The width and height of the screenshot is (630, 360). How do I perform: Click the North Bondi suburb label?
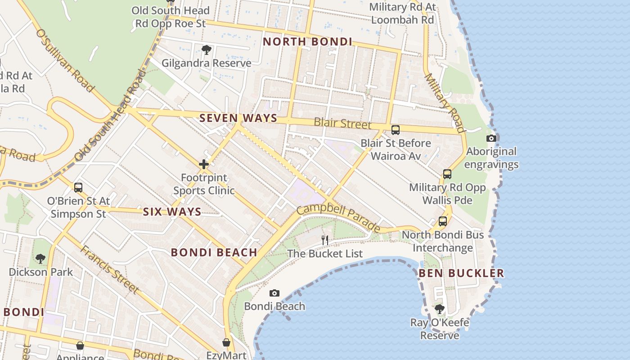tap(307, 42)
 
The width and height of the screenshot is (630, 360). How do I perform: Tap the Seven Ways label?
tap(238, 118)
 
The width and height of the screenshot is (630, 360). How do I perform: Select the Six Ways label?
tap(172, 212)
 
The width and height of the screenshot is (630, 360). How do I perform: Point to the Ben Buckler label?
tap(461, 273)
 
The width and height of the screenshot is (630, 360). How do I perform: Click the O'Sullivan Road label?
tap(65, 60)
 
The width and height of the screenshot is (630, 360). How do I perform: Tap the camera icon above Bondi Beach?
tap(274, 293)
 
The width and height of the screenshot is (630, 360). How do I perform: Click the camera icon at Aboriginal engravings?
tap(491, 138)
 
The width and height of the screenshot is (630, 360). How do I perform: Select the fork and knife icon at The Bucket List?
tap(324, 240)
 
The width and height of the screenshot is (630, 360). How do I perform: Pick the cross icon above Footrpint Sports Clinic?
tap(204, 164)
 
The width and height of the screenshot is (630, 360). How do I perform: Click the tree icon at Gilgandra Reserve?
tap(207, 50)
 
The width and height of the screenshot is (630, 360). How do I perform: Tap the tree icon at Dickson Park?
tap(40, 259)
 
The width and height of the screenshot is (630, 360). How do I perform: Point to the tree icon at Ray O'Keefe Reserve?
tap(439, 309)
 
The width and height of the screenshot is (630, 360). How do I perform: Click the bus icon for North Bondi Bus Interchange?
tap(443, 221)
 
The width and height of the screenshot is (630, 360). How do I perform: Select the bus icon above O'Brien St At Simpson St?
tap(78, 187)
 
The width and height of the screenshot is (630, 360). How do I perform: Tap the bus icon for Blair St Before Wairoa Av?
tap(395, 130)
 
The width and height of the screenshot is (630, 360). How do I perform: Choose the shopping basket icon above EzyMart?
tap(226, 342)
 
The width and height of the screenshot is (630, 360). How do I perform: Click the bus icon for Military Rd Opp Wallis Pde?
tap(447, 174)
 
